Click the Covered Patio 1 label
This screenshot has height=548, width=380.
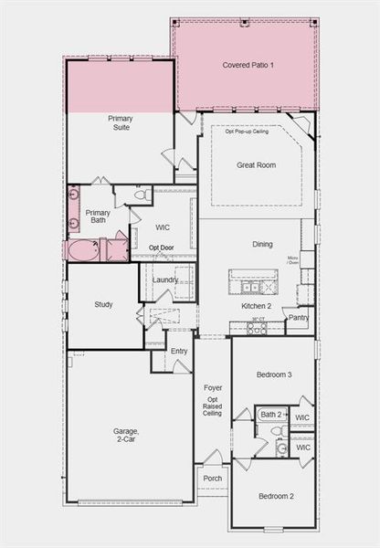[x=248, y=66]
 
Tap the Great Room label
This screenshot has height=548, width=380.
[x=256, y=165]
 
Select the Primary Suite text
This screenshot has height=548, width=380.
[x=120, y=123]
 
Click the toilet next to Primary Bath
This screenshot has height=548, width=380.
[x=142, y=195]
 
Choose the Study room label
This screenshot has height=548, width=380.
[x=103, y=304]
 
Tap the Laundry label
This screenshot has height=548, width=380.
[x=165, y=280]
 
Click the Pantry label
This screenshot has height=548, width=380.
[x=298, y=319]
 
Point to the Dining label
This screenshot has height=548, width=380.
[x=262, y=245]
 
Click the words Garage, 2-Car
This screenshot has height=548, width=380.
[x=126, y=436]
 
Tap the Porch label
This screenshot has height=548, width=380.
[x=212, y=478]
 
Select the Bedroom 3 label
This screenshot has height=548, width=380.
[x=274, y=375]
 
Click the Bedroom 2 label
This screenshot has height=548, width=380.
[x=275, y=496]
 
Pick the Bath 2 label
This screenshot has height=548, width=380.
[x=271, y=415]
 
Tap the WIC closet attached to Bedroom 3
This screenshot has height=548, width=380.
[x=303, y=418]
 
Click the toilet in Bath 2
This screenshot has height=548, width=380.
[x=280, y=447]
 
